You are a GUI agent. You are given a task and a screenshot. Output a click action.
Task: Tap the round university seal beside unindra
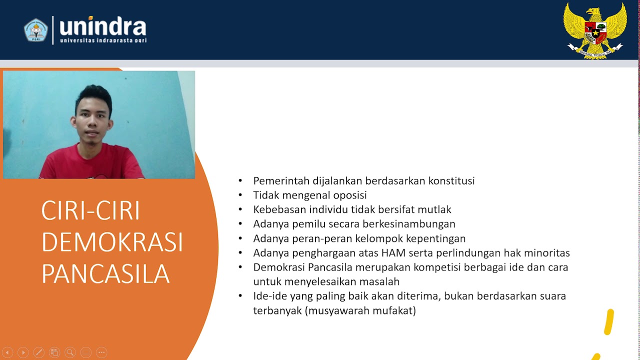[x=35, y=30]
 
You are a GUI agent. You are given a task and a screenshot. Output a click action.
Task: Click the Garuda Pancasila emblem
[x=595, y=30]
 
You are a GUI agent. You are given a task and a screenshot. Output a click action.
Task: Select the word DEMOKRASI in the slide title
[x=112, y=242]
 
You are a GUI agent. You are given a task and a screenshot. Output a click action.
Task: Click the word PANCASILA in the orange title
[x=105, y=273]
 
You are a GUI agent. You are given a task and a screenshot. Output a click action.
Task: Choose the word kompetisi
[x=436, y=267]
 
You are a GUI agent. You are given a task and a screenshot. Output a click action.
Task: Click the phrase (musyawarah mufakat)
[x=360, y=310]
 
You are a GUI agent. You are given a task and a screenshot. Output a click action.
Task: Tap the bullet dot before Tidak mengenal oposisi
[x=240, y=195]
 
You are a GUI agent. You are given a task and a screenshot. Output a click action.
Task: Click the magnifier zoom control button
[x=70, y=352]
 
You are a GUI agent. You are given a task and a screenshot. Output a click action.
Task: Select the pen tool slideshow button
[x=39, y=352]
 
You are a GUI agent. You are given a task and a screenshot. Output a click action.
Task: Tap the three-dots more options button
[x=101, y=352]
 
